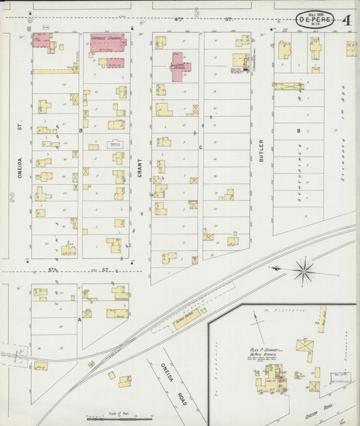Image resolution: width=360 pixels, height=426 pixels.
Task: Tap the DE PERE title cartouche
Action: (315, 20)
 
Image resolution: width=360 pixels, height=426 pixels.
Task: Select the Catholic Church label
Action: (106, 38)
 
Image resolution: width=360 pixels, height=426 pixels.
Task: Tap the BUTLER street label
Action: (261, 151)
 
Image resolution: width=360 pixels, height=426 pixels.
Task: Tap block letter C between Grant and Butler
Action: (201, 147)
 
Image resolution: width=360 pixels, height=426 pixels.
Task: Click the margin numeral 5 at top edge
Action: (195, 12)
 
